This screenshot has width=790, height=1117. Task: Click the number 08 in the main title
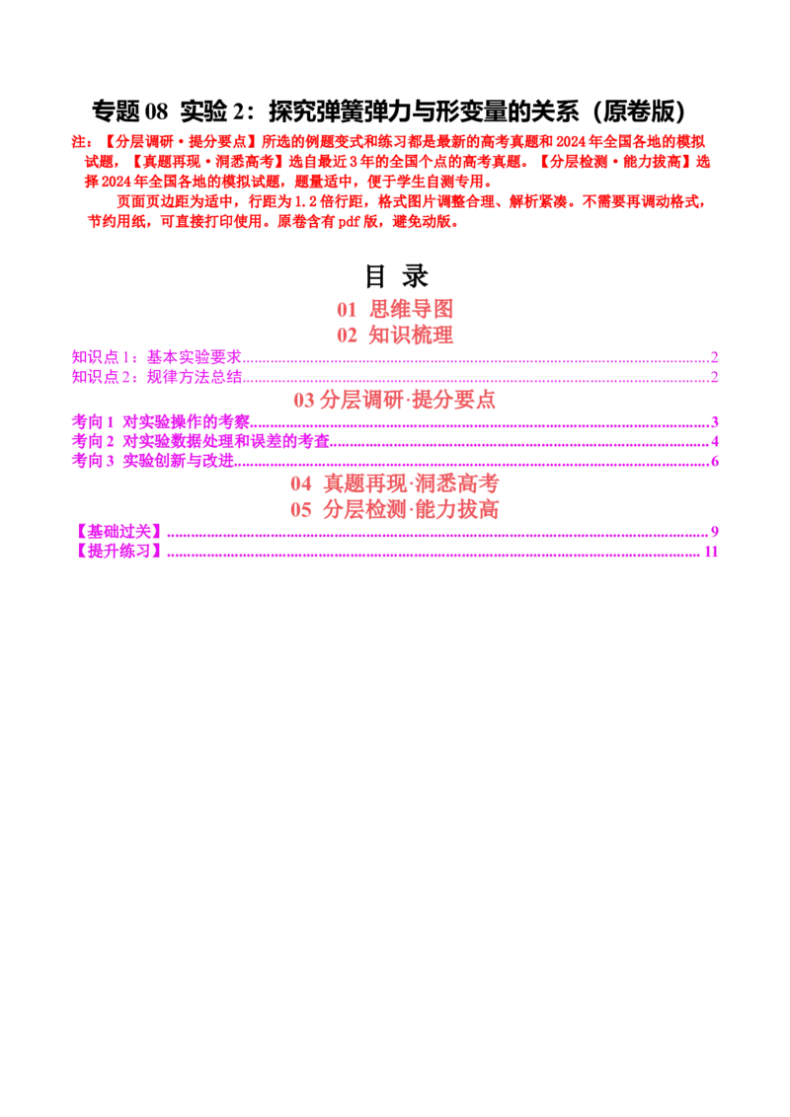(156, 112)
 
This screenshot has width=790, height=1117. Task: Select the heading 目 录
(396, 276)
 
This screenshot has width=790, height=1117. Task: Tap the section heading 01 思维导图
(395, 309)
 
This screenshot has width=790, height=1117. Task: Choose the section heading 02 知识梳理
(395, 335)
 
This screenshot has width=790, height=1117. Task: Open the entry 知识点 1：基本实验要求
(157, 357)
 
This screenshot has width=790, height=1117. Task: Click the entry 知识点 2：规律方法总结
(157, 377)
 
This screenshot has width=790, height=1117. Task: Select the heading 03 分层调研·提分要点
(394, 400)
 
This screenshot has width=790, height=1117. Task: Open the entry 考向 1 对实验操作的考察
(161, 421)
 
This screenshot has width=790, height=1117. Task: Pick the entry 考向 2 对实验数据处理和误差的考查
(201, 442)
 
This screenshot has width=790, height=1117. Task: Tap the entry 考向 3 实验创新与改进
(153, 461)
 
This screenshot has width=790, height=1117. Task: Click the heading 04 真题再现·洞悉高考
(394, 484)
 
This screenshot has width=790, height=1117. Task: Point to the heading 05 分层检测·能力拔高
(394, 509)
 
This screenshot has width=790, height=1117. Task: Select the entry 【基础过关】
(118, 532)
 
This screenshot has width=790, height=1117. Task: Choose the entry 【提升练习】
(118, 552)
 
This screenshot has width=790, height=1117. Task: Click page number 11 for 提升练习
(711, 552)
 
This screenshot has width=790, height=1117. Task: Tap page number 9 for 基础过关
(714, 532)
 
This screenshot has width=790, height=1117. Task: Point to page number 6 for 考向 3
(714, 462)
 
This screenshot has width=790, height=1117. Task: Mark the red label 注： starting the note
(82, 142)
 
